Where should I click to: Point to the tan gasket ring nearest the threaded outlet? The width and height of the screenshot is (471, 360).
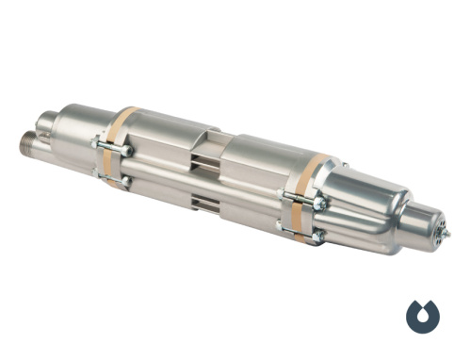(119, 140)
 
